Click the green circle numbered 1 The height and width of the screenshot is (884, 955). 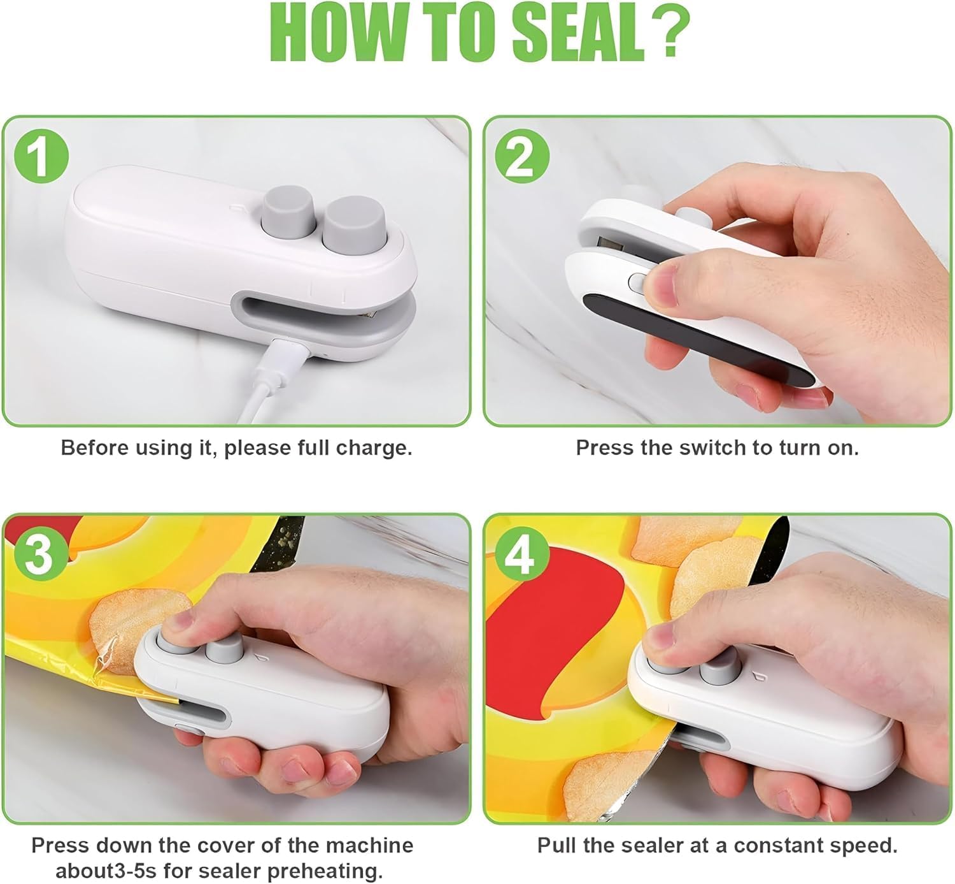coord(41,156)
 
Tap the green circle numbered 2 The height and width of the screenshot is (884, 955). coord(522,156)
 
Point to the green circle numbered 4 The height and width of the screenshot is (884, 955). coord(522,554)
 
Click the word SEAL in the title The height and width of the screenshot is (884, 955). coord(577,34)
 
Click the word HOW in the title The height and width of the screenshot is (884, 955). coord(342,34)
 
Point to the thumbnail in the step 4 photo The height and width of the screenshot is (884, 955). coord(660,635)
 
